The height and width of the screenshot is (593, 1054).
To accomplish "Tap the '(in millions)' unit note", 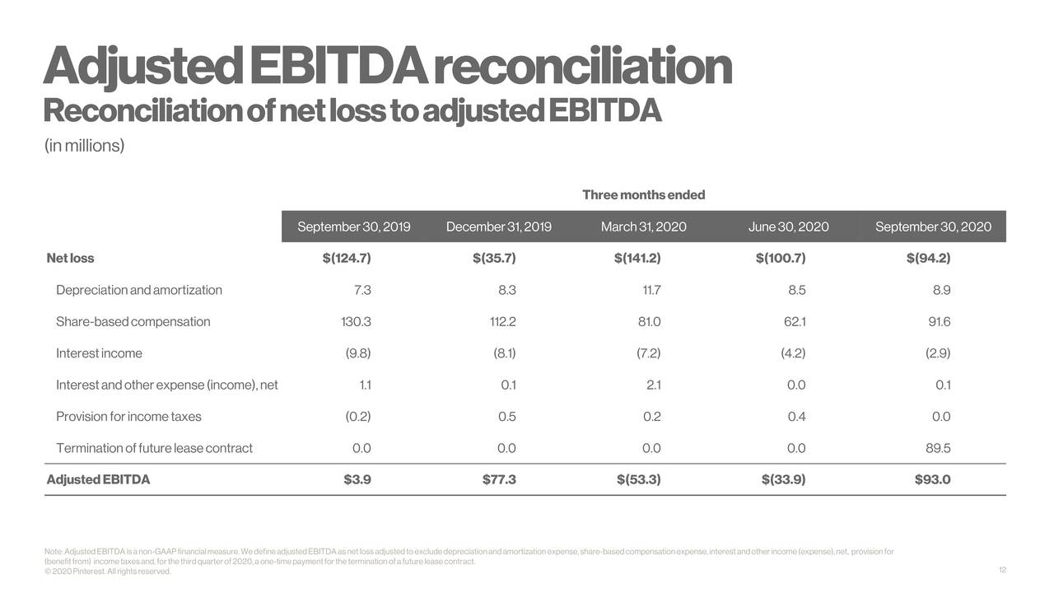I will pos(84,147).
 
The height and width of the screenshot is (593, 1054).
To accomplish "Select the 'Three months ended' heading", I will pos(643,195).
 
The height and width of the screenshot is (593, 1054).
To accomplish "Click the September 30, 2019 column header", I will pos(353,226).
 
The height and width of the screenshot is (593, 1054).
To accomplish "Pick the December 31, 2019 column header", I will pos(498,226).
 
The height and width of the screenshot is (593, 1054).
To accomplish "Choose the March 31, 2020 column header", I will pos(643,226).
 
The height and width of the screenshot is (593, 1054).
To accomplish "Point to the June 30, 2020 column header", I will pos(788,226).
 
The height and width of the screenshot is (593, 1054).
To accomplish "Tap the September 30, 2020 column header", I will pos(933,226).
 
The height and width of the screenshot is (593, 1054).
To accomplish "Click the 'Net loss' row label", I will pos(71,259).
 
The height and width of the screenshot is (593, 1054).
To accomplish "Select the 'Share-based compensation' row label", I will pos(133,322).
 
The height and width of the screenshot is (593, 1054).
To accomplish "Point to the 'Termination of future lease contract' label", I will pos(154,449).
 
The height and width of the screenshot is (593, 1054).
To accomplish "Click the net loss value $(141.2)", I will pos(637,259).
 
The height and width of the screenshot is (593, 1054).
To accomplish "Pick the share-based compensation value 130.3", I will pos(356,322).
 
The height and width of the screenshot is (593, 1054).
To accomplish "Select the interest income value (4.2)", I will pos(793,353).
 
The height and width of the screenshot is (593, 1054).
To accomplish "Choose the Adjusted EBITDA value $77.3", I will pos(499,480).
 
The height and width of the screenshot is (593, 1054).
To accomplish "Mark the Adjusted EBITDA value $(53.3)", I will pos(638,480).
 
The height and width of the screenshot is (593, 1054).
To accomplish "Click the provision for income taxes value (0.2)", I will pos(357,417).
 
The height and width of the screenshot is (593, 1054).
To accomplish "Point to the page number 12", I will pos(1002,571).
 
